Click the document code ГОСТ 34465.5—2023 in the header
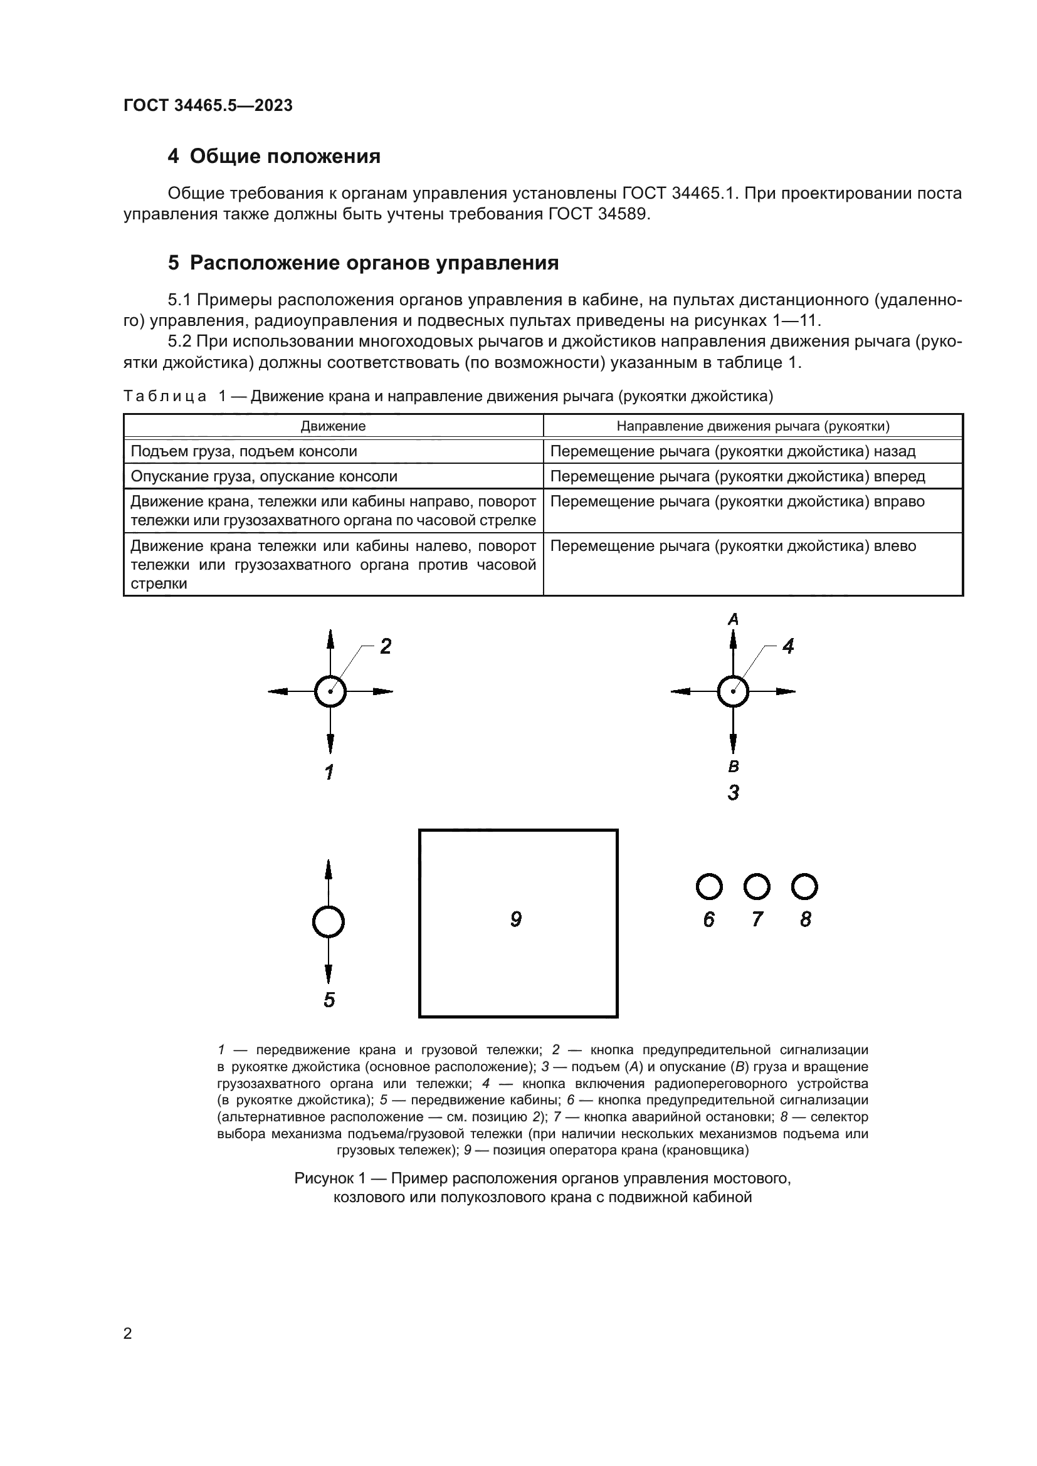208,106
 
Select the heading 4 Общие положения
274,157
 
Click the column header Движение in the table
333,426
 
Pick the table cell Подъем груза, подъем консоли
244,451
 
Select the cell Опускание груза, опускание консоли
264,476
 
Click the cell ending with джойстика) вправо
737,502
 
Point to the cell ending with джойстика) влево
733,547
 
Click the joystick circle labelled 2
330,691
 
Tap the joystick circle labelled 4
733,691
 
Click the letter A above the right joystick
733,619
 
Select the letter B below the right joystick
734,767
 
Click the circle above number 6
709,887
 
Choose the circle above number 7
757,887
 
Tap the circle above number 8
804,887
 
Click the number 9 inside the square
516,919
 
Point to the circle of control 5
328,922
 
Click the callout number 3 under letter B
733,793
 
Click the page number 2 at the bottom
127,1334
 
